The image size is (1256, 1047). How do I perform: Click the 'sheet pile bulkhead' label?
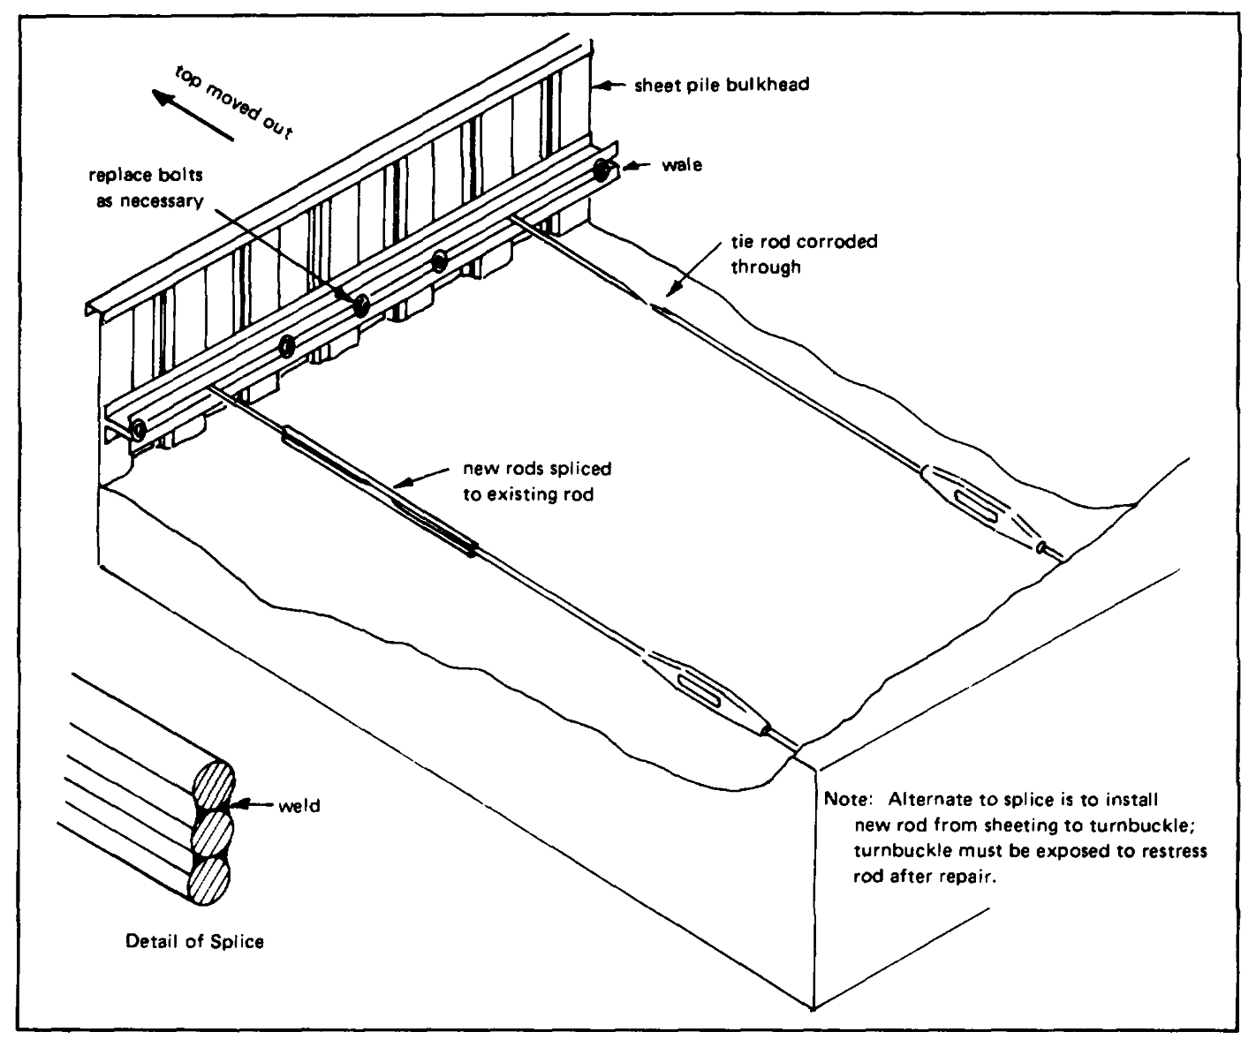click(722, 86)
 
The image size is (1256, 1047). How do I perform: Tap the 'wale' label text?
click(682, 165)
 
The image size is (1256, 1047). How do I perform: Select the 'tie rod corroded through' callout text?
click(804, 253)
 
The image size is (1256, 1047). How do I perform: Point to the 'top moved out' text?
click(233, 101)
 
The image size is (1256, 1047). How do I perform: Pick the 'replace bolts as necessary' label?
click(147, 188)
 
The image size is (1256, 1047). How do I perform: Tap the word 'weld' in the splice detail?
click(298, 806)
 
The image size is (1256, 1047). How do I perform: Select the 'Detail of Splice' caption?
click(194, 941)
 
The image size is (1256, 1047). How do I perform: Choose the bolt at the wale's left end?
click(139, 431)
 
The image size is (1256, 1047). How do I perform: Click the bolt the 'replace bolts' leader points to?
click(360, 306)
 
